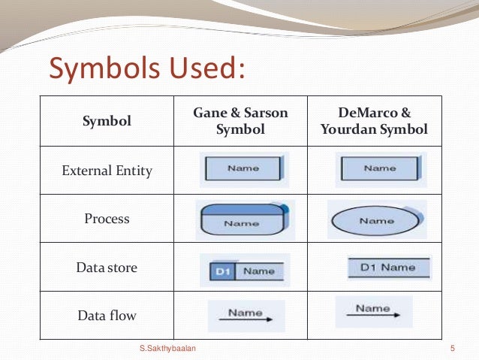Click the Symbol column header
107,120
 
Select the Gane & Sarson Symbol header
240,120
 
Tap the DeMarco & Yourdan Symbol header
373,120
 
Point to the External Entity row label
107,171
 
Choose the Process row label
107,219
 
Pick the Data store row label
107,267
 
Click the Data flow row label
107,316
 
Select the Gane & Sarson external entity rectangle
242,169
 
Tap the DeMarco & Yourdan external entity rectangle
377,169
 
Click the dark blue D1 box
223,271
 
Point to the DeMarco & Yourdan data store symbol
388,268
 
